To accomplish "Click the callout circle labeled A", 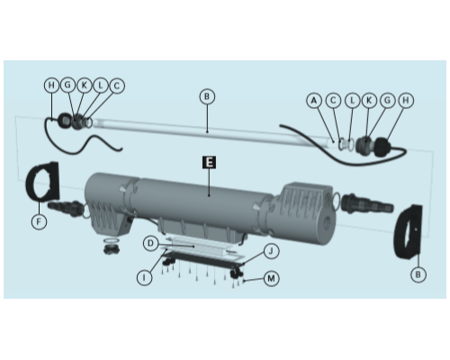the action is tap(314, 100).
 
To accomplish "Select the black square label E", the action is tap(209, 162).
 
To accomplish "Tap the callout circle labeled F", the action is tap(39, 222).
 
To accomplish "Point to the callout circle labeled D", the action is tap(151, 243).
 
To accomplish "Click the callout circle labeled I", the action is tap(144, 278).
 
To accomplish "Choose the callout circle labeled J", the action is tap(271, 251).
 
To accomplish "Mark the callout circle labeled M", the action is tap(271, 278).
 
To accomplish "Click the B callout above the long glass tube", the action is tap(207, 96).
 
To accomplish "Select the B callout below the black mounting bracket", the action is tap(418, 274).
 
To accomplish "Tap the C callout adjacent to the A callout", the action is tap(333, 100).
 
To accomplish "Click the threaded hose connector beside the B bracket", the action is tap(367, 204).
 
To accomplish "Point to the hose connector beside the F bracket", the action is tap(65, 207).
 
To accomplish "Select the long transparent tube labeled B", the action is tap(210, 132).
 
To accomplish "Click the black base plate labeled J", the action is tap(204, 258).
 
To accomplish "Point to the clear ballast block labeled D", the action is tap(200, 247).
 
